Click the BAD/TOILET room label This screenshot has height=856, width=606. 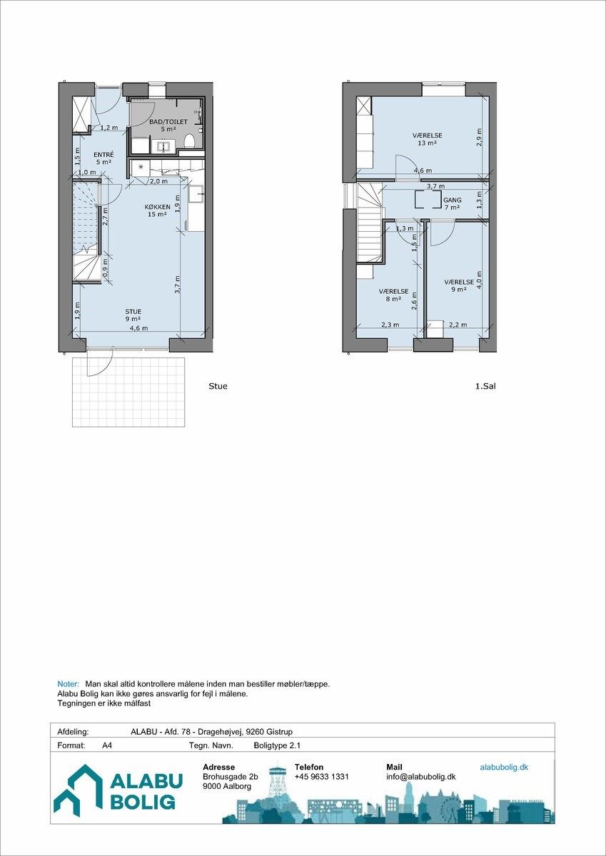point(168,122)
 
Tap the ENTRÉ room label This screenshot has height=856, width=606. point(103,155)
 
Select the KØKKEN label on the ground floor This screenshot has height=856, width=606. point(157,207)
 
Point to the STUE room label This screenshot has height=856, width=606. point(133,312)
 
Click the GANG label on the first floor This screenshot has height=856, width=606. point(452,200)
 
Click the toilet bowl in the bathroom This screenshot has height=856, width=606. point(189,141)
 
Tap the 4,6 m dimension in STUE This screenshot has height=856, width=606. point(139,328)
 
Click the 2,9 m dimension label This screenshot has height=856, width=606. point(479,137)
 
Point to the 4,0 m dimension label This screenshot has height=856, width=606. point(479,280)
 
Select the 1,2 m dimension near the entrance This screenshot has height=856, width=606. point(109,128)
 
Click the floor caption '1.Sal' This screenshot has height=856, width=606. point(485,386)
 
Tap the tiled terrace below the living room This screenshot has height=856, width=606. point(128,392)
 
